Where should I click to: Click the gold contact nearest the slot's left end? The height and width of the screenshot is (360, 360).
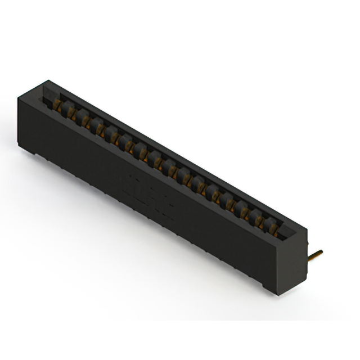[60, 105]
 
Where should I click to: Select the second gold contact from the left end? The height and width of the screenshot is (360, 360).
[73, 112]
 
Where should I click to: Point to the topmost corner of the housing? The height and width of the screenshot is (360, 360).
[44, 80]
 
